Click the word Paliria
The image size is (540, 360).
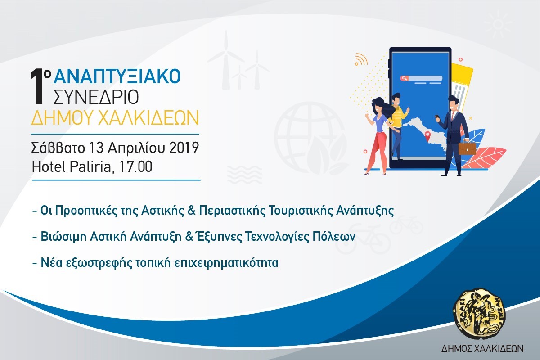90,167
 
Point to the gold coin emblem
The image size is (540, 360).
476,315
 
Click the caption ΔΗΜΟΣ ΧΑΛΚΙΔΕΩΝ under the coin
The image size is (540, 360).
476,349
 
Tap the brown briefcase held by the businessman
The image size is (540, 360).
467,148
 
